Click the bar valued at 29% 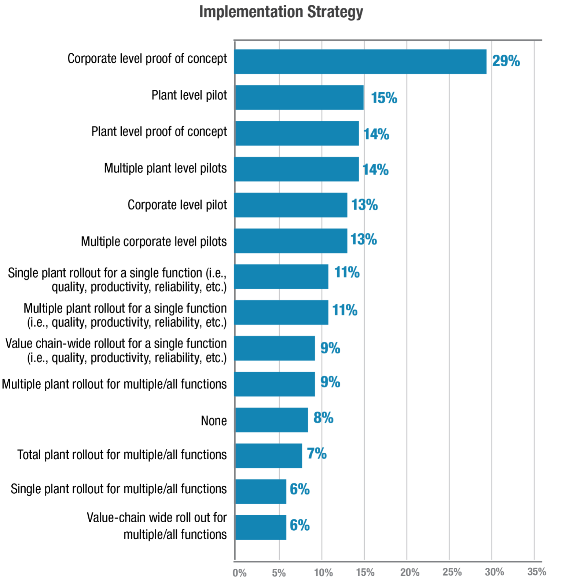[360, 62]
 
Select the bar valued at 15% [299, 98]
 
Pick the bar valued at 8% [271, 420]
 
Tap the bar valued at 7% [268, 456]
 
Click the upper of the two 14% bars [297, 134]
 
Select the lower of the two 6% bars [261, 527]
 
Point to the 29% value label [506, 61]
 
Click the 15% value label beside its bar [384, 98]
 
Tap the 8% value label [323, 418]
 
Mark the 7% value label [317, 454]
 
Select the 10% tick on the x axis [324, 572]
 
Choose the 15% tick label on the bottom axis [365, 572]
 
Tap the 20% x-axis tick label [409, 572]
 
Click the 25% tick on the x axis [452, 572]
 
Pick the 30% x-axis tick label [495, 572]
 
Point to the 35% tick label [537, 572]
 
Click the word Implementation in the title [251, 12]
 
